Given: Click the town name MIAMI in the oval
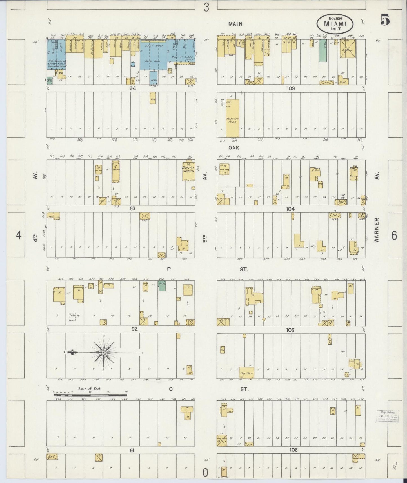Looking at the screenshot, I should point(335,24).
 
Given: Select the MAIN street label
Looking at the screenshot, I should point(235,24).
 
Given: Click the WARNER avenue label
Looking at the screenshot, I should point(377,230).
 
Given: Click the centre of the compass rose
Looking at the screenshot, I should point(104,353).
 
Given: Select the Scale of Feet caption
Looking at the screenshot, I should point(90,389).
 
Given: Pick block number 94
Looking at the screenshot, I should point(133,88).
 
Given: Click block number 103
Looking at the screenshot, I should point(290,88).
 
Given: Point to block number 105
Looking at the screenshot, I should point(290,330).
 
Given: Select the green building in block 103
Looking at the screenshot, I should point(323,50).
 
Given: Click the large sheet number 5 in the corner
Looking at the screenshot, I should point(385,20).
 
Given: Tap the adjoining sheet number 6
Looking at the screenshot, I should point(394,235).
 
